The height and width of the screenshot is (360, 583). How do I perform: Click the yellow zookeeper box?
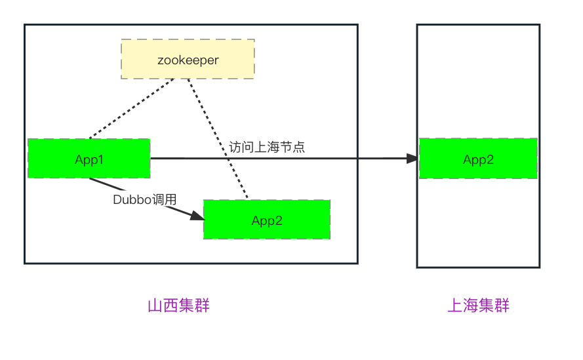pos(188,59)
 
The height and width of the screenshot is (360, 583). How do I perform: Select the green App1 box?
pos(89,158)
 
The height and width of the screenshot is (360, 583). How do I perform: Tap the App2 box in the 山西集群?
pos(266,220)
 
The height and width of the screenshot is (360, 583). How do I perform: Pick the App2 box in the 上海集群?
pos(478,158)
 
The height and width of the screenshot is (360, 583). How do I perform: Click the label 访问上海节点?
pos(267,147)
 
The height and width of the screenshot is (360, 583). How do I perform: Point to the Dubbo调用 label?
pos(145,199)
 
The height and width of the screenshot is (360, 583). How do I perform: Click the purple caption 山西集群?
pos(178,306)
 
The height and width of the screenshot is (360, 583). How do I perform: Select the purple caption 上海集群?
pos(478,306)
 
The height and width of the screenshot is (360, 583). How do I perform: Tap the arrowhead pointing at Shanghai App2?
pos(412,158)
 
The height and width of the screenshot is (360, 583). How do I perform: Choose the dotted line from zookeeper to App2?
pos(216,138)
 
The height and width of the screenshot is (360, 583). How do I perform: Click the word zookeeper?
pos(188,60)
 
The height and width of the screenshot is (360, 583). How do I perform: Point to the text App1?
pos(89,159)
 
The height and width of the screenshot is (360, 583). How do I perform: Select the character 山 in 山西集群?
pos(155,306)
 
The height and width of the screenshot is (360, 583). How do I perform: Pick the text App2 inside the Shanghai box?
pos(478,159)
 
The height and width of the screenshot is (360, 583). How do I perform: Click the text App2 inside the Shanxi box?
pos(266,220)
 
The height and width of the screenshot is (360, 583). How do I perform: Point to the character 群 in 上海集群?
pos(502,306)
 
